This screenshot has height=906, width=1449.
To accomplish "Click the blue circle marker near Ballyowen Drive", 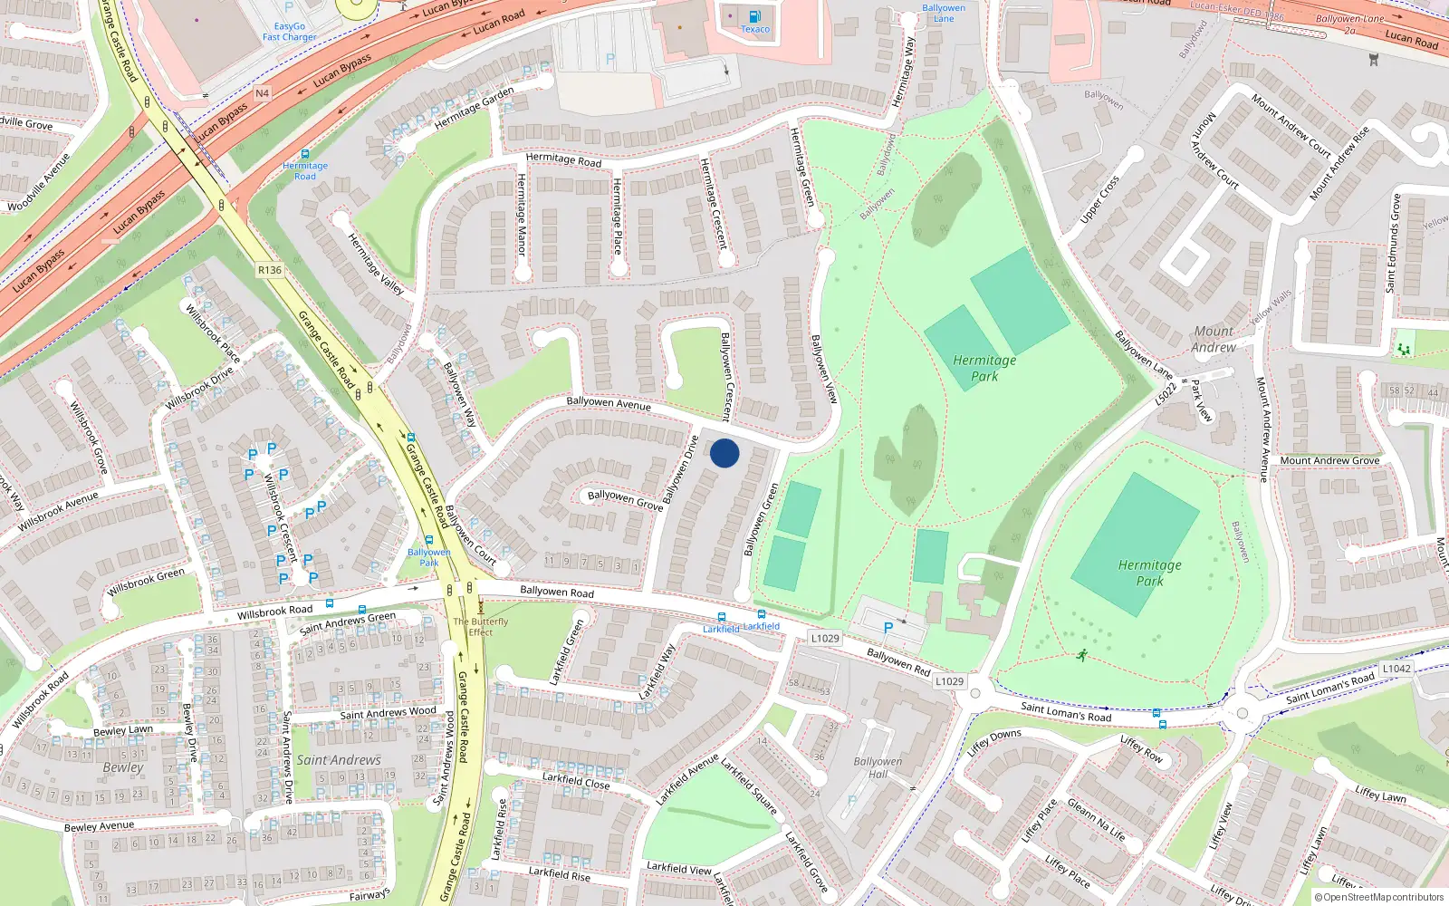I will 724,453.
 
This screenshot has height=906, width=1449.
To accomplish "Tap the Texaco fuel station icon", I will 754,16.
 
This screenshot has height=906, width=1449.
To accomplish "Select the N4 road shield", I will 262,93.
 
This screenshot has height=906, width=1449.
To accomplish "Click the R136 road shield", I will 270,269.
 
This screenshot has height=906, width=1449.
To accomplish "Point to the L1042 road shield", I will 1396,669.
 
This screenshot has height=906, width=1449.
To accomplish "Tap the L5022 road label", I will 1166,394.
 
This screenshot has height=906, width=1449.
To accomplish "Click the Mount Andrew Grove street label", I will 1329,460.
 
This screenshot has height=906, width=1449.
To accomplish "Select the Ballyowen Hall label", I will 878,767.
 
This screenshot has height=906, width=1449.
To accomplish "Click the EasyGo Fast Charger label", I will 290,32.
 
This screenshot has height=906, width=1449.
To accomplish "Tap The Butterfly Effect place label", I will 481,626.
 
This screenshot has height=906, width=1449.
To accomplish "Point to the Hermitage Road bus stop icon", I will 305,155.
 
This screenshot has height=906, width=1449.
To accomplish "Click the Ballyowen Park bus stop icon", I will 429,541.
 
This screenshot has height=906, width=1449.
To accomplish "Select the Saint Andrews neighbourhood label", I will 339,760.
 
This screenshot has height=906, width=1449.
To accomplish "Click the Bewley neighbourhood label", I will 123,767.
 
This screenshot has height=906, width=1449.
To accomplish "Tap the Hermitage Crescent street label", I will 714,204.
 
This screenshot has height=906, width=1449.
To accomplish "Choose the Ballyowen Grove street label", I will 625,500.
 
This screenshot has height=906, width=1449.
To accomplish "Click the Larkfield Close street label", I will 576,780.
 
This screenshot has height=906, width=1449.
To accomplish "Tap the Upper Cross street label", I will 1099,200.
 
